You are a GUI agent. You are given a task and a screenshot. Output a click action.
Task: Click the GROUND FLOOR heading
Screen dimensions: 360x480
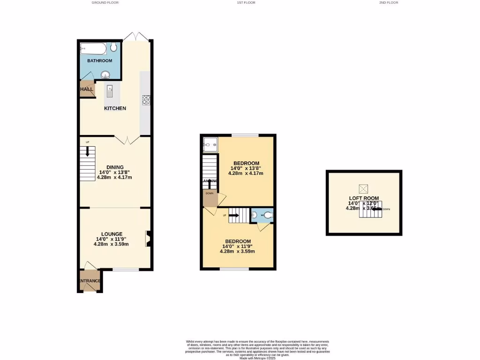click(105, 2)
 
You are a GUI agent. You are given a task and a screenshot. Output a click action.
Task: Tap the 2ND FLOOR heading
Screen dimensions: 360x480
click(389, 2)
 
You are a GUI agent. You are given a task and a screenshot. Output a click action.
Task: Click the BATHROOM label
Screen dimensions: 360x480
click(100, 61)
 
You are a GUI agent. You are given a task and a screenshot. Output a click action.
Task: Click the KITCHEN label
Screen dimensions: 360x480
click(115, 108)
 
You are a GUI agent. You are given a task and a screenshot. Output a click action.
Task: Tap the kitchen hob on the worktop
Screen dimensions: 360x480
click(146, 99)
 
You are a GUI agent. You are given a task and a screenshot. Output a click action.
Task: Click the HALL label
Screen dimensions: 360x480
click(86, 89)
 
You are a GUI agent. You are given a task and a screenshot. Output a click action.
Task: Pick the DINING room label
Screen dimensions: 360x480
click(115, 167)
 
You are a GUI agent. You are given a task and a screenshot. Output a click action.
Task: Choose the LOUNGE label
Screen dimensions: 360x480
click(112, 234)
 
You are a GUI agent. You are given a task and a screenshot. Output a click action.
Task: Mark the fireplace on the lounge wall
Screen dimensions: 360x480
click(148, 238)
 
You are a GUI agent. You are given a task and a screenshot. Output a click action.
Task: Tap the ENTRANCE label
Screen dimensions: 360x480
click(89, 281)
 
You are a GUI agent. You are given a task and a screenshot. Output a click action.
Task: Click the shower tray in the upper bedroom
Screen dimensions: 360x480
click(210, 145)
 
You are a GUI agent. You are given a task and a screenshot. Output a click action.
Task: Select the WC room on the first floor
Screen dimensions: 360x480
click(262, 215)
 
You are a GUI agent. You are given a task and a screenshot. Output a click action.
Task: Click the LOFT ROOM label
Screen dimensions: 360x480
click(364, 198)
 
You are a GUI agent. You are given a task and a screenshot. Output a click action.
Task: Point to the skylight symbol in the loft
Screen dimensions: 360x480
click(363, 188)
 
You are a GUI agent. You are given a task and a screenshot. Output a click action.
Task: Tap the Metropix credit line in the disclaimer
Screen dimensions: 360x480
click(257, 358)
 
